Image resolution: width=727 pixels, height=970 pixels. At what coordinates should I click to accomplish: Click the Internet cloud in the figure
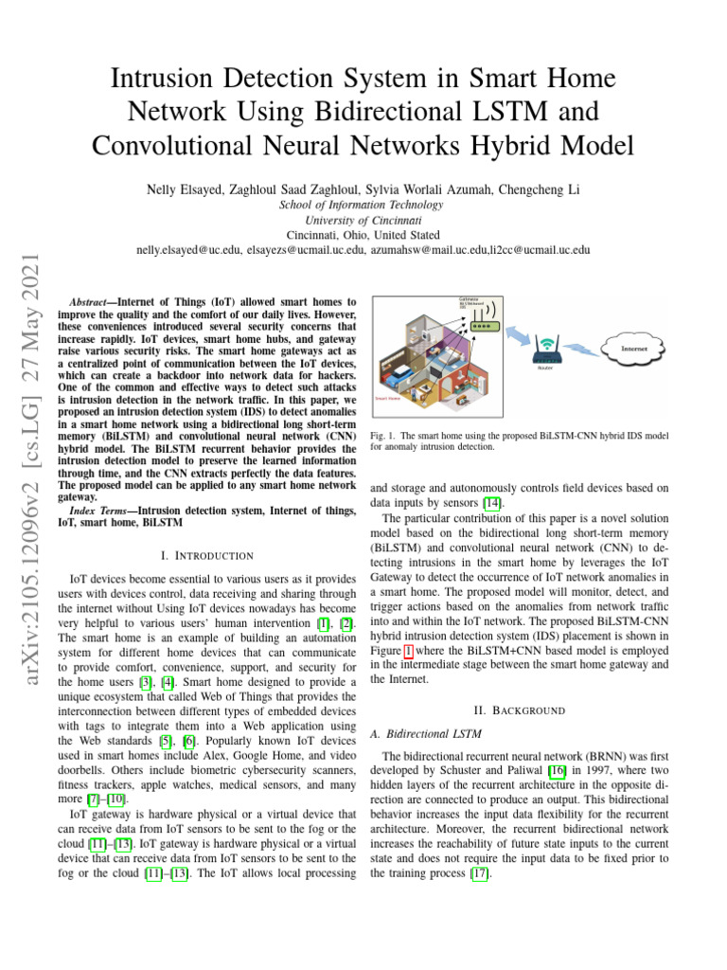pos(635,348)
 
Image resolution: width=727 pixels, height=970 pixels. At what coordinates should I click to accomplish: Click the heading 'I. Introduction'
pos(206,555)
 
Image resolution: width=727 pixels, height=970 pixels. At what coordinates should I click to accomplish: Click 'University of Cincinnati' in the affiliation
pos(361,219)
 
